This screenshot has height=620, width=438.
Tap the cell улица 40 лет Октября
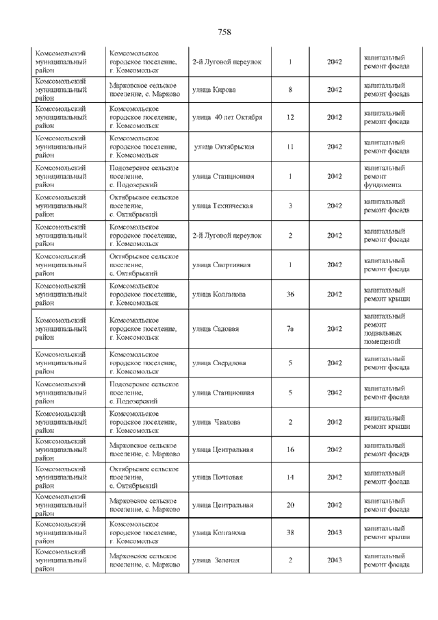tap(227, 117)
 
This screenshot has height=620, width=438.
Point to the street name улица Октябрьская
tap(224, 147)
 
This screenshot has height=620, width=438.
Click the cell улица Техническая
tap(222, 206)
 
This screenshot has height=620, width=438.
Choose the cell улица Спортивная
tap(221, 265)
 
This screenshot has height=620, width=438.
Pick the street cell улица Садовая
tap(216, 329)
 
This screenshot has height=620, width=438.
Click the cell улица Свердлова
tap(219, 363)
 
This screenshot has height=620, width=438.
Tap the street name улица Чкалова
tap(216, 422)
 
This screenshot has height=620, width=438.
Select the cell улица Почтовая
tap(218, 477)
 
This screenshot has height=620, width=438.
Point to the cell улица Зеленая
tap(216, 560)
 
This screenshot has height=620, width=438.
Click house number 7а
tap(290, 329)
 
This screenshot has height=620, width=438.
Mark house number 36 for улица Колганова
tap(290, 295)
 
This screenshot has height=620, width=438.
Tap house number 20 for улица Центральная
tap(290, 505)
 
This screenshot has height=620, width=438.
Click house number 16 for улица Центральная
tap(290, 449)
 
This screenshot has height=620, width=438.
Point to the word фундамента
tap(383, 185)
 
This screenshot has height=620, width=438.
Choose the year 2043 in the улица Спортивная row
tap(334, 265)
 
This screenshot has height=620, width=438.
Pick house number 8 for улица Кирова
tap(290, 90)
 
